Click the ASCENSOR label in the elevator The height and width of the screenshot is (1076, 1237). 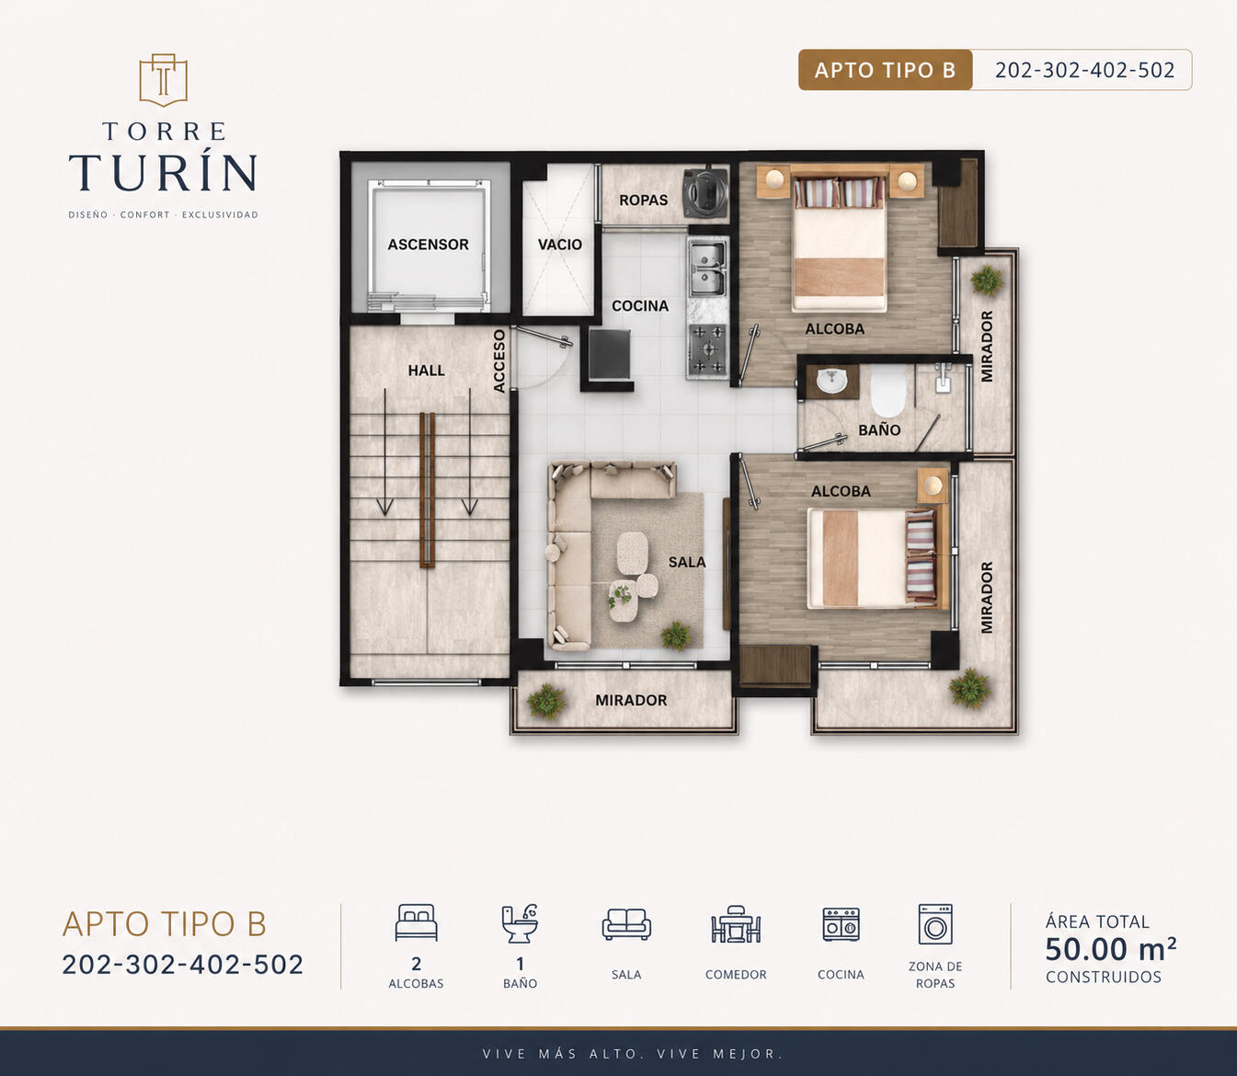point(428,245)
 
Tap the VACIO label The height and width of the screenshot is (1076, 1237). point(560,245)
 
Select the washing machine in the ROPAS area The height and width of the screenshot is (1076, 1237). point(705,193)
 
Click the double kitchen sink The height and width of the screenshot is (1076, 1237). point(706,269)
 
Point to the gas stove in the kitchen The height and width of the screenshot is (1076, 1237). point(707,349)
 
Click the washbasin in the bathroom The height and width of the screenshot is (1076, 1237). point(832,381)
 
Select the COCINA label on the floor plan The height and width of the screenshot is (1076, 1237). point(640,306)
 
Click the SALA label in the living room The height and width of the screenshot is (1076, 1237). point(687,562)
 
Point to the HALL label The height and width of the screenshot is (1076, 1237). point(426,371)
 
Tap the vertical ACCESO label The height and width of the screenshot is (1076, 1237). point(498,361)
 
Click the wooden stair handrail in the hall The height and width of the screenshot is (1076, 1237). point(428,489)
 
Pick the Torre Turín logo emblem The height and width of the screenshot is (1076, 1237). point(163,80)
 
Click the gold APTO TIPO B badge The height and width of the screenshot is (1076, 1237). point(885,70)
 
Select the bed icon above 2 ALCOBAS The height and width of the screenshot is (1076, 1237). point(416,922)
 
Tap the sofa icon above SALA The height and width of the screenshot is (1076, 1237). point(626,924)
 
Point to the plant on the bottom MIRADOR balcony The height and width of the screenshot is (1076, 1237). point(546,701)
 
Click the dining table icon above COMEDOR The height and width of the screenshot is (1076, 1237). point(736,924)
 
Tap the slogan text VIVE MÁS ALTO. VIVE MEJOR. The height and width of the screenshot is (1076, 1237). point(633,1054)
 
